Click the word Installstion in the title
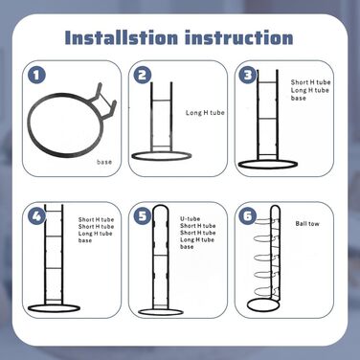click(122, 37)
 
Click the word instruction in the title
click(239, 37)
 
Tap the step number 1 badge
click(36, 76)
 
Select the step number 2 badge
click(143, 76)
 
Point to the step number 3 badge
click(248, 76)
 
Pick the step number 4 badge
click(36, 216)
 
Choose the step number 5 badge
click(143, 216)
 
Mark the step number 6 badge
click(248, 216)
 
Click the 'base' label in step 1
click(104, 162)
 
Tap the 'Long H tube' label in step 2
click(205, 113)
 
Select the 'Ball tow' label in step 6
click(307, 224)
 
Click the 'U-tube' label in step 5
click(191, 219)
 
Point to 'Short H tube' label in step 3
click(310, 82)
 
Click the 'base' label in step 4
click(85, 240)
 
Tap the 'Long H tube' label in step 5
click(197, 239)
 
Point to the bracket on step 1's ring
click(104, 101)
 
